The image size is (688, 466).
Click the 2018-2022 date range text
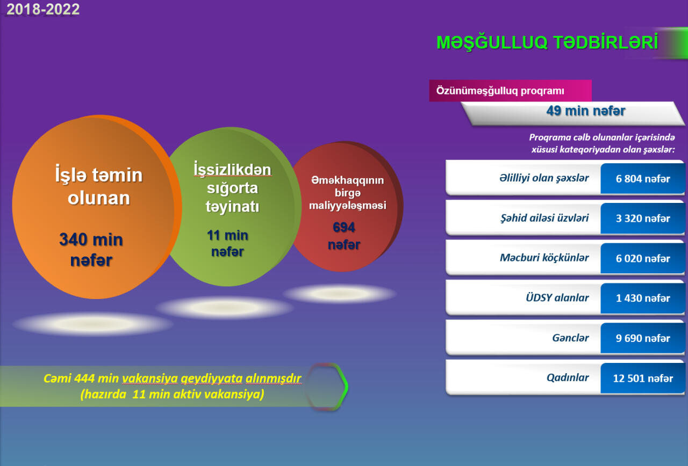(43, 9)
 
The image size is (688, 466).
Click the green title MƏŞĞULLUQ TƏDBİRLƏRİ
(547, 42)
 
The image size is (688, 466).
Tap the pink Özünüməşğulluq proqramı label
(500, 91)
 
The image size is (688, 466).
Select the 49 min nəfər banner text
(586, 111)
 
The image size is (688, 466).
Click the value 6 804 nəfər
(643, 179)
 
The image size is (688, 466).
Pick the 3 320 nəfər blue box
(643, 219)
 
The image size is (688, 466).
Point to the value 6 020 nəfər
(643, 258)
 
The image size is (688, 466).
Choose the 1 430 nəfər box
(643, 298)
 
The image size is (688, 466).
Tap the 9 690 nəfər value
(643, 338)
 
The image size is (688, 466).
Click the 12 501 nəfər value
(643, 378)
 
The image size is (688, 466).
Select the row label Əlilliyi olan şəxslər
(544, 178)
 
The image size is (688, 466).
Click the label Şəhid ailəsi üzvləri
(544, 218)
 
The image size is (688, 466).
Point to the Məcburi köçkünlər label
(544, 258)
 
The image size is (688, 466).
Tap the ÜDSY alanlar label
(557, 297)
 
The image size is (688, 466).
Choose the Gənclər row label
(570, 338)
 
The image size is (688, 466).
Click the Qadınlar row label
(568, 377)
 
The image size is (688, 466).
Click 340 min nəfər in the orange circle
(91, 250)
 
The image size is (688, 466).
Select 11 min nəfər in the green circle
(227, 243)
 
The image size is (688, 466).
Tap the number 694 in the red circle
(343, 227)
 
